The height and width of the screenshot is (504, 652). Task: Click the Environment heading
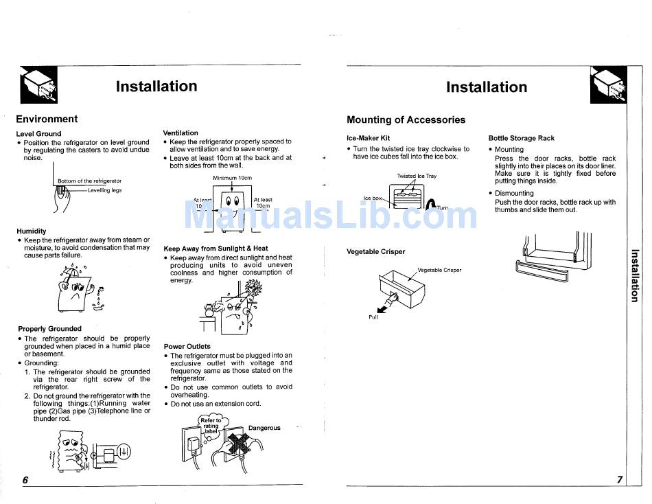pyautogui.click(x=47, y=119)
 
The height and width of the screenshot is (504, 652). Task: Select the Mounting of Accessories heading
pyautogui.click(x=406, y=119)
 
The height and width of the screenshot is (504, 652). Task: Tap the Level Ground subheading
pyautogui.click(x=38, y=133)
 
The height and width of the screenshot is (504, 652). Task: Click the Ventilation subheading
pyautogui.click(x=181, y=133)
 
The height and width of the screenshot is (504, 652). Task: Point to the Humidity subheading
pyautogui.click(x=32, y=231)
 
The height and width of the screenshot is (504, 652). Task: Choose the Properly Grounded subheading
pyautogui.click(x=49, y=329)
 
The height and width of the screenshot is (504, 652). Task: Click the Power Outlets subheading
pyautogui.click(x=187, y=346)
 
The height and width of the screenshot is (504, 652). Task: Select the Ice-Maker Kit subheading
pyautogui.click(x=368, y=138)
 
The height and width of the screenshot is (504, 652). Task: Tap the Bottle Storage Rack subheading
pyautogui.click(x=522, y=138)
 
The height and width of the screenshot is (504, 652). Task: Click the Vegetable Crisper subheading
pyautogui.click(x=376, y=252)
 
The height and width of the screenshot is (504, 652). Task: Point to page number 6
pyautogui.click(x=25, y=480)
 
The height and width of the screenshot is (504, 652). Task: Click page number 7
pyautogui.click(x=619, y=480)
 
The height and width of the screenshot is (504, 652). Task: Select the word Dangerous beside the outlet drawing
pyautogui.click(x=264, y=428)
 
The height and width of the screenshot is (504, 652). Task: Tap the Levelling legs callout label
pyautogui.click(x=104, y=190)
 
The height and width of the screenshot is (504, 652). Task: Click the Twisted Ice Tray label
pyautogui.click(x=416, y=176)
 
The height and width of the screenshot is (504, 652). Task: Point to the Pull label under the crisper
pyautogui.click(x=373, y=317)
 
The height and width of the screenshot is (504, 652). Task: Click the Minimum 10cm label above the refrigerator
pyautogui.click(x=232, y=178)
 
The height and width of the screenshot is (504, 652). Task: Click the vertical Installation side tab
pyautogui.click(x=635, y=275)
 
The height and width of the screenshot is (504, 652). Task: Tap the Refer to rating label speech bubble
pyautogui.click(x=211, y=424)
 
